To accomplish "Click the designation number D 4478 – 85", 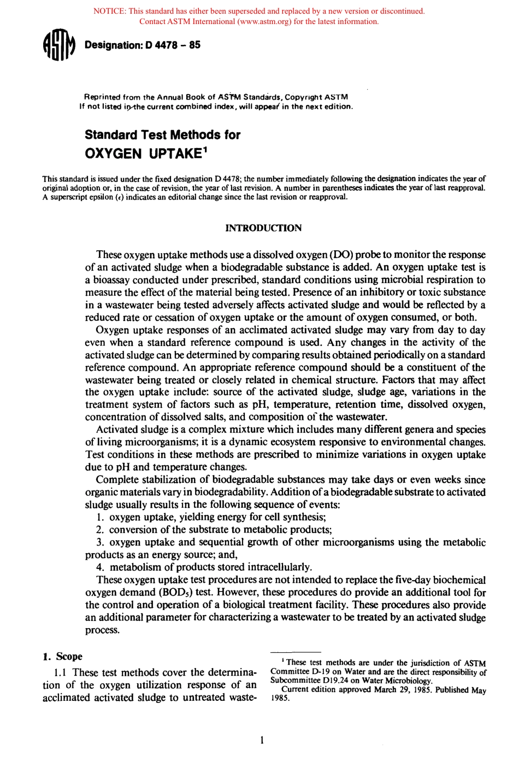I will point(173,45).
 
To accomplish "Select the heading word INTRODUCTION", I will point(263,228).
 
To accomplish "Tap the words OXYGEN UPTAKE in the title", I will point(143,154).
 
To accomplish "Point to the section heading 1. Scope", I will point(63,656).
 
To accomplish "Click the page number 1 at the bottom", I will point(262,740).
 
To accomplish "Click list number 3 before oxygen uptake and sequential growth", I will point(100,542).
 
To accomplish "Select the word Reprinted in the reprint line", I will point(102,97).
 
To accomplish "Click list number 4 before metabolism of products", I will point(100,567).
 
